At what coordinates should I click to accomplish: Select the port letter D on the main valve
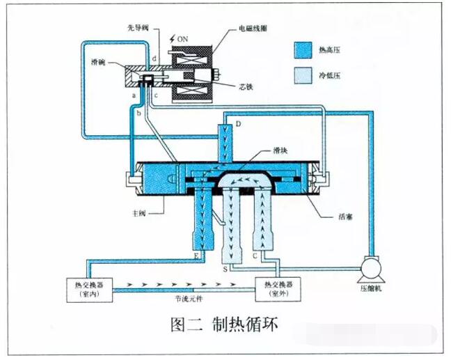tap(238, 124)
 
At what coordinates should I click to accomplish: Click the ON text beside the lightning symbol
tap(182, 39)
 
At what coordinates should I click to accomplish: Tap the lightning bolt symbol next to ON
tap(172, 38)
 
